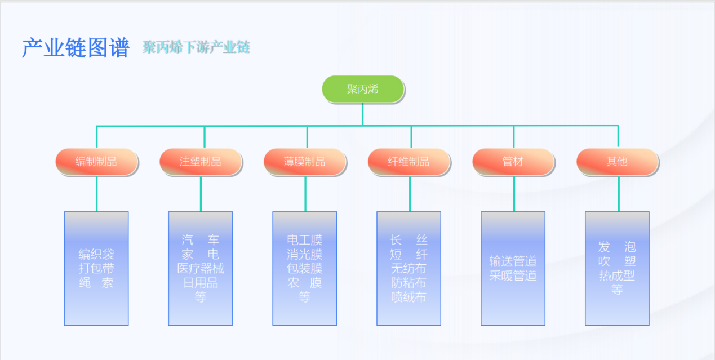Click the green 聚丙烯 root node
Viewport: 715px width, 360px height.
pyautogui.click(x=363, y=89)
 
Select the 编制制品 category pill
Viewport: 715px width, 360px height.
pyautogui.click(x=96, y=162)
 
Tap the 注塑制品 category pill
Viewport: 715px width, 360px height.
pyautogui.click(x=201, y=162)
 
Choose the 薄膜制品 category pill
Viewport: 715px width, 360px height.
pyautogui.click(x=305, y=162)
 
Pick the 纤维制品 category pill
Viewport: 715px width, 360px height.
pyautogui.click(x=409, y=162)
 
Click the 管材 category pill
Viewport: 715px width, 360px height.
pyautogui.click(x=513, y=162)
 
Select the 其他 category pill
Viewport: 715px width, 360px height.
pyautogui.click(x=617, y=162)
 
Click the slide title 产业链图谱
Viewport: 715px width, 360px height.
pyautogui.click(x=76, y=48)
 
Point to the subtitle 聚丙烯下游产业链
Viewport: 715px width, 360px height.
pyautogui.click(x=196, y=47)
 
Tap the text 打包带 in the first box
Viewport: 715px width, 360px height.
pyautogui.click(x=96, y=268)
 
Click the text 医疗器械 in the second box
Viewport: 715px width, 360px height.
pyautogui.click(x=201, y=268)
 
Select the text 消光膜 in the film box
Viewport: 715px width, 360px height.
pyautogui.click(x=305, y=254)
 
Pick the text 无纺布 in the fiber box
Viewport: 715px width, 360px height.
pyautogui.click(x=409, y=268)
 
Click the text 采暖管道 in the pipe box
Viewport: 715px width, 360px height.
pyautogui.click(x=513, y=275)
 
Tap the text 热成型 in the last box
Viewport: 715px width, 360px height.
pyautogui.click(x=617, y=275)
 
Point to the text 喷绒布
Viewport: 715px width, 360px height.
pyautogui.click(x=409, y=297)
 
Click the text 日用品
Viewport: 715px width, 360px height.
pyautogui.click(x=201, y=283)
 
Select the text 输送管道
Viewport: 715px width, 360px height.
pyautogui.click(x=513, y=261)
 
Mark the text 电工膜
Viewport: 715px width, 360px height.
pyautogui.click(x=305, y=240)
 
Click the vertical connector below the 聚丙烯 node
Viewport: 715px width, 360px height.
pyautogui.click(x=362, y=114)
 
